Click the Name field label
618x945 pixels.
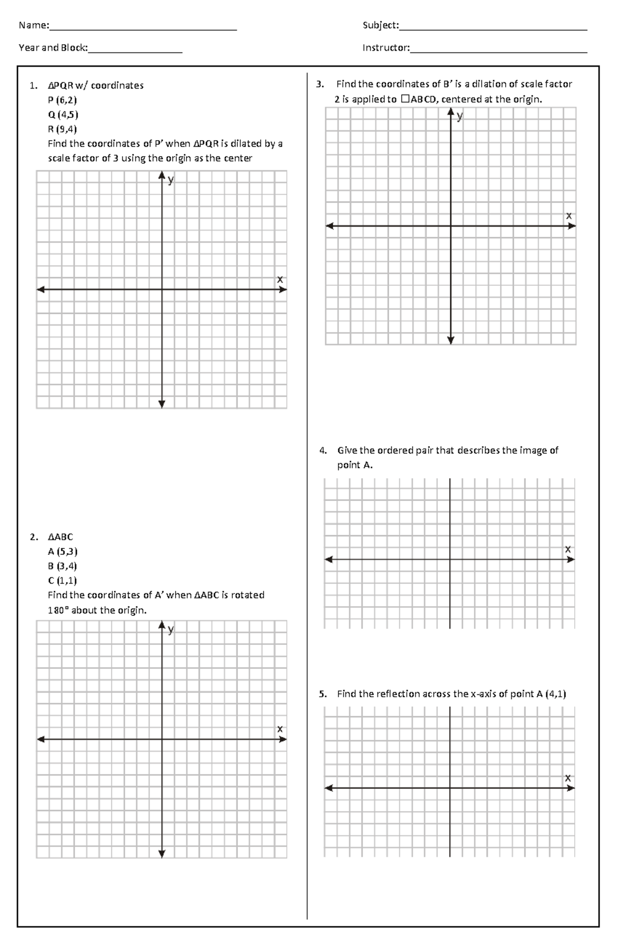33,25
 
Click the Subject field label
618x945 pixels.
380,25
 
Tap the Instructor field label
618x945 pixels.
386,48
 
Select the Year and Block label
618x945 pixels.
53,48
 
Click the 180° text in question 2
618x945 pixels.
58,610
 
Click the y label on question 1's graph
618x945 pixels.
171,180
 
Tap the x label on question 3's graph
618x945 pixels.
569,216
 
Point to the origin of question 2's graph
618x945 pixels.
162,740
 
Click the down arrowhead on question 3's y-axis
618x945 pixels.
451,340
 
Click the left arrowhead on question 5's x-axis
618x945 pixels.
329,788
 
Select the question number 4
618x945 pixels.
322,451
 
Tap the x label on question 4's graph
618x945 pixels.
568,549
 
